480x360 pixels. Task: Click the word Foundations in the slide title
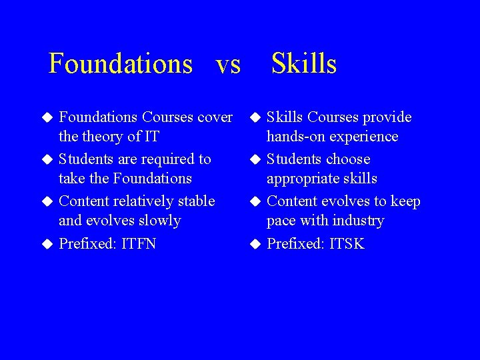point(121,64)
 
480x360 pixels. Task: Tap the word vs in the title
point(228,64)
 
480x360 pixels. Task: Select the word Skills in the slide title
point(304,64)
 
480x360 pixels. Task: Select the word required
point(164,159)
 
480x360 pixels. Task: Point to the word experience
point(362,137)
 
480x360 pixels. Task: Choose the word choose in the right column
point(346,159)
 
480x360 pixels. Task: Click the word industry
point(361,221)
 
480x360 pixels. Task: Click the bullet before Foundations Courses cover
point(47,118)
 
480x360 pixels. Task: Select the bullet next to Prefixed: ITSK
point(255,244)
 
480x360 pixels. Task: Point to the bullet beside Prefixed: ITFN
point(47,244)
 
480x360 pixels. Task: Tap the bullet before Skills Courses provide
point(255,118)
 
